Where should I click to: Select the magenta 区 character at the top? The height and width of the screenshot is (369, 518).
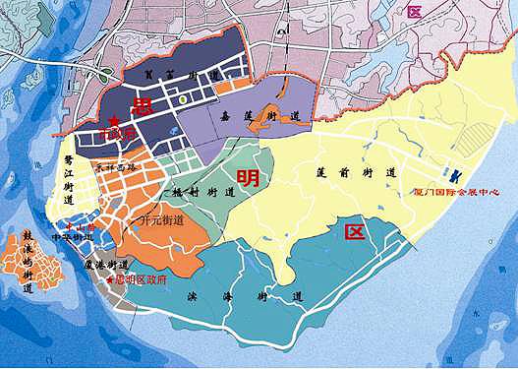pos(414,12)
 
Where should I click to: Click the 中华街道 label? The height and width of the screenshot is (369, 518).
pos(80,237)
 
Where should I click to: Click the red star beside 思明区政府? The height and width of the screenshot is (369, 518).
pos(110,279)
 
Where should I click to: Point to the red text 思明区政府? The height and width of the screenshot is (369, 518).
pos(142,279)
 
